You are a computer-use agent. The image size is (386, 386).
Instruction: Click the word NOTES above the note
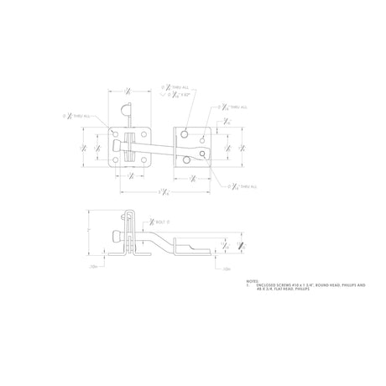[x=251, y=282]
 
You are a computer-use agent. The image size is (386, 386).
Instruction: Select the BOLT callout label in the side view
[x=161, y=223]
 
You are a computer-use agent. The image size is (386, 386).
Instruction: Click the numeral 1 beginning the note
[x=248, y=286]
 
